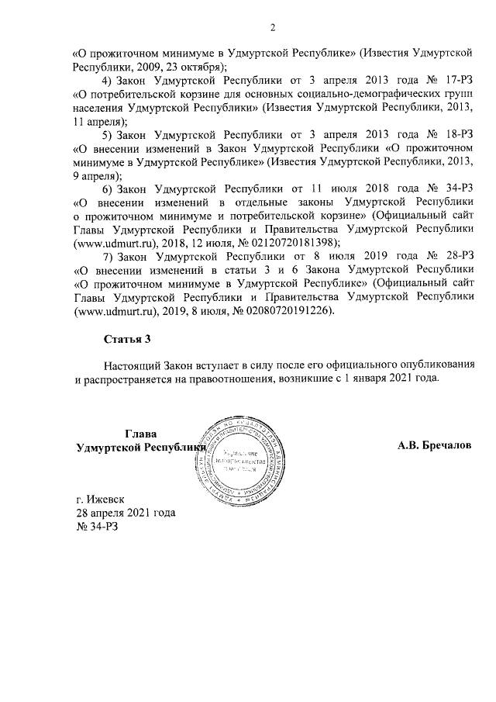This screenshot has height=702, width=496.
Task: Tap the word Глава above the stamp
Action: click(141, 434)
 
